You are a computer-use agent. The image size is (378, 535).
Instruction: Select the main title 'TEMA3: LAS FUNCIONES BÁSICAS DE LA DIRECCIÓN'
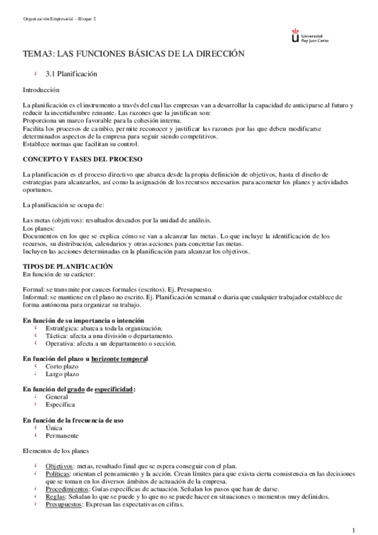click(x=133, y=56)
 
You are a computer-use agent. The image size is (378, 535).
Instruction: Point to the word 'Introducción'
click(x=41, y=90)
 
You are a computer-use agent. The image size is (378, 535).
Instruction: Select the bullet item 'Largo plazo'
click(x=62, y=374)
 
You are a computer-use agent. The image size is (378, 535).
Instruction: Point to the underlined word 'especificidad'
click(x=114, y=389)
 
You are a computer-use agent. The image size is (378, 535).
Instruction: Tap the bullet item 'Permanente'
click(x=62, y=435)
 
